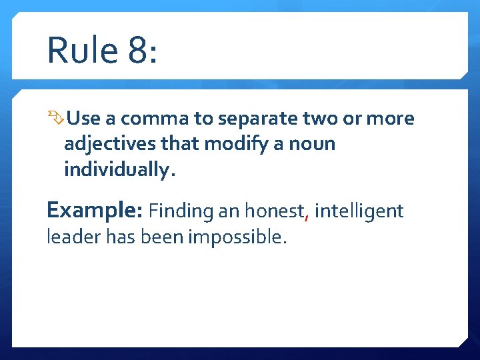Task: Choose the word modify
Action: (234, 144)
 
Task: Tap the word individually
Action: (118, 169)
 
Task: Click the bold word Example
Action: (94, 211)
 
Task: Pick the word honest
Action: (273, 211)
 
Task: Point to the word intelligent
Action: (359, 211)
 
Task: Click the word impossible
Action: (239, 237)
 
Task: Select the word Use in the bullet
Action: (83, 119)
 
